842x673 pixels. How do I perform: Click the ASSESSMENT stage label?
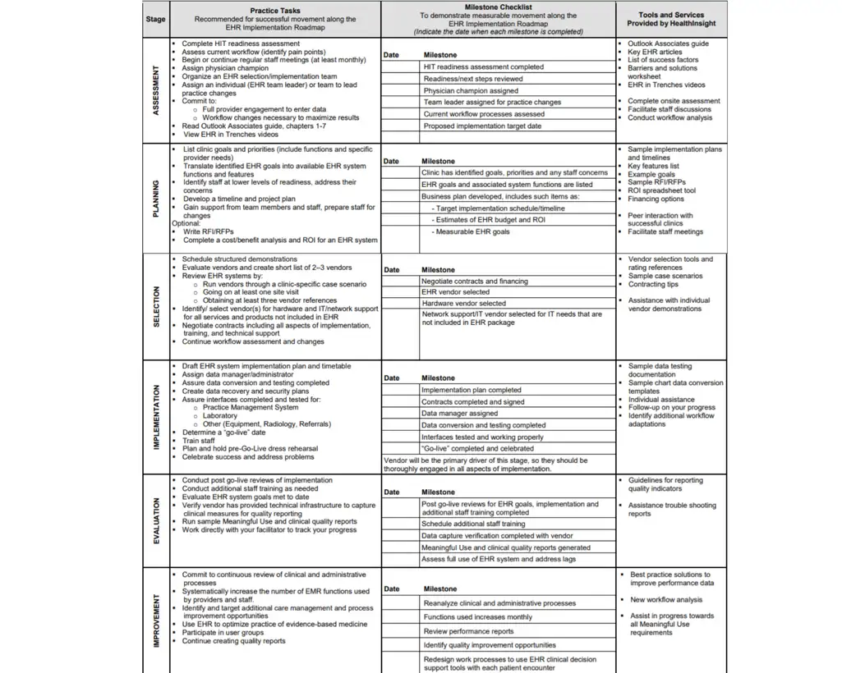pos(156,90)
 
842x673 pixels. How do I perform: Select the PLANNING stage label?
pos(156,199)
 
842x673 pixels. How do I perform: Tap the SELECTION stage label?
pos(156,306)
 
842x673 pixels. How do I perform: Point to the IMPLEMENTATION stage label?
pos(156,417)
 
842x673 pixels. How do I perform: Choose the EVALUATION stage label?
pos(156,520)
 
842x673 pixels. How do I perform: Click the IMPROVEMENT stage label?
pos(156,621)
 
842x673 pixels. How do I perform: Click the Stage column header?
pos(155,19)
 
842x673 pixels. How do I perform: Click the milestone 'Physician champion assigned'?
pos(471,91)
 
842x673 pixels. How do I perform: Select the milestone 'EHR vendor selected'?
pos(455,292)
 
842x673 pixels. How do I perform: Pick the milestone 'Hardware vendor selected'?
pos(463,304)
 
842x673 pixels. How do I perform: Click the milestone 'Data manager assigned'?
pos(459,414)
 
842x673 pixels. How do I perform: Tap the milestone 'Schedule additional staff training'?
pos(473,524)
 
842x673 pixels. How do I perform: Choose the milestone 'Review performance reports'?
pos(468,631)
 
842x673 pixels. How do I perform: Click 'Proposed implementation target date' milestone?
pos(482,126)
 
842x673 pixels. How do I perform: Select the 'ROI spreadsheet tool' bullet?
pos(661,190)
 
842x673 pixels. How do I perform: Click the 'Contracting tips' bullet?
pos(653,284)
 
